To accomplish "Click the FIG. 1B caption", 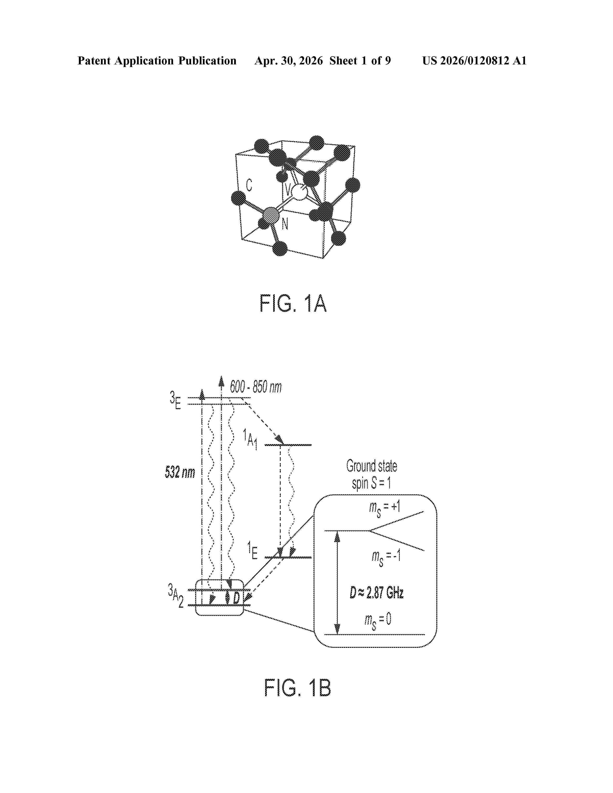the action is click(x=297, y=687).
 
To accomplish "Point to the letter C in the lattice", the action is click(x=249, y=185).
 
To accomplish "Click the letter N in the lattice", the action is click(x=285, y=224).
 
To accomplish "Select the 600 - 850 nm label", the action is click(x=256, y=387).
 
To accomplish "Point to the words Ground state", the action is click(x=371, y=466).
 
